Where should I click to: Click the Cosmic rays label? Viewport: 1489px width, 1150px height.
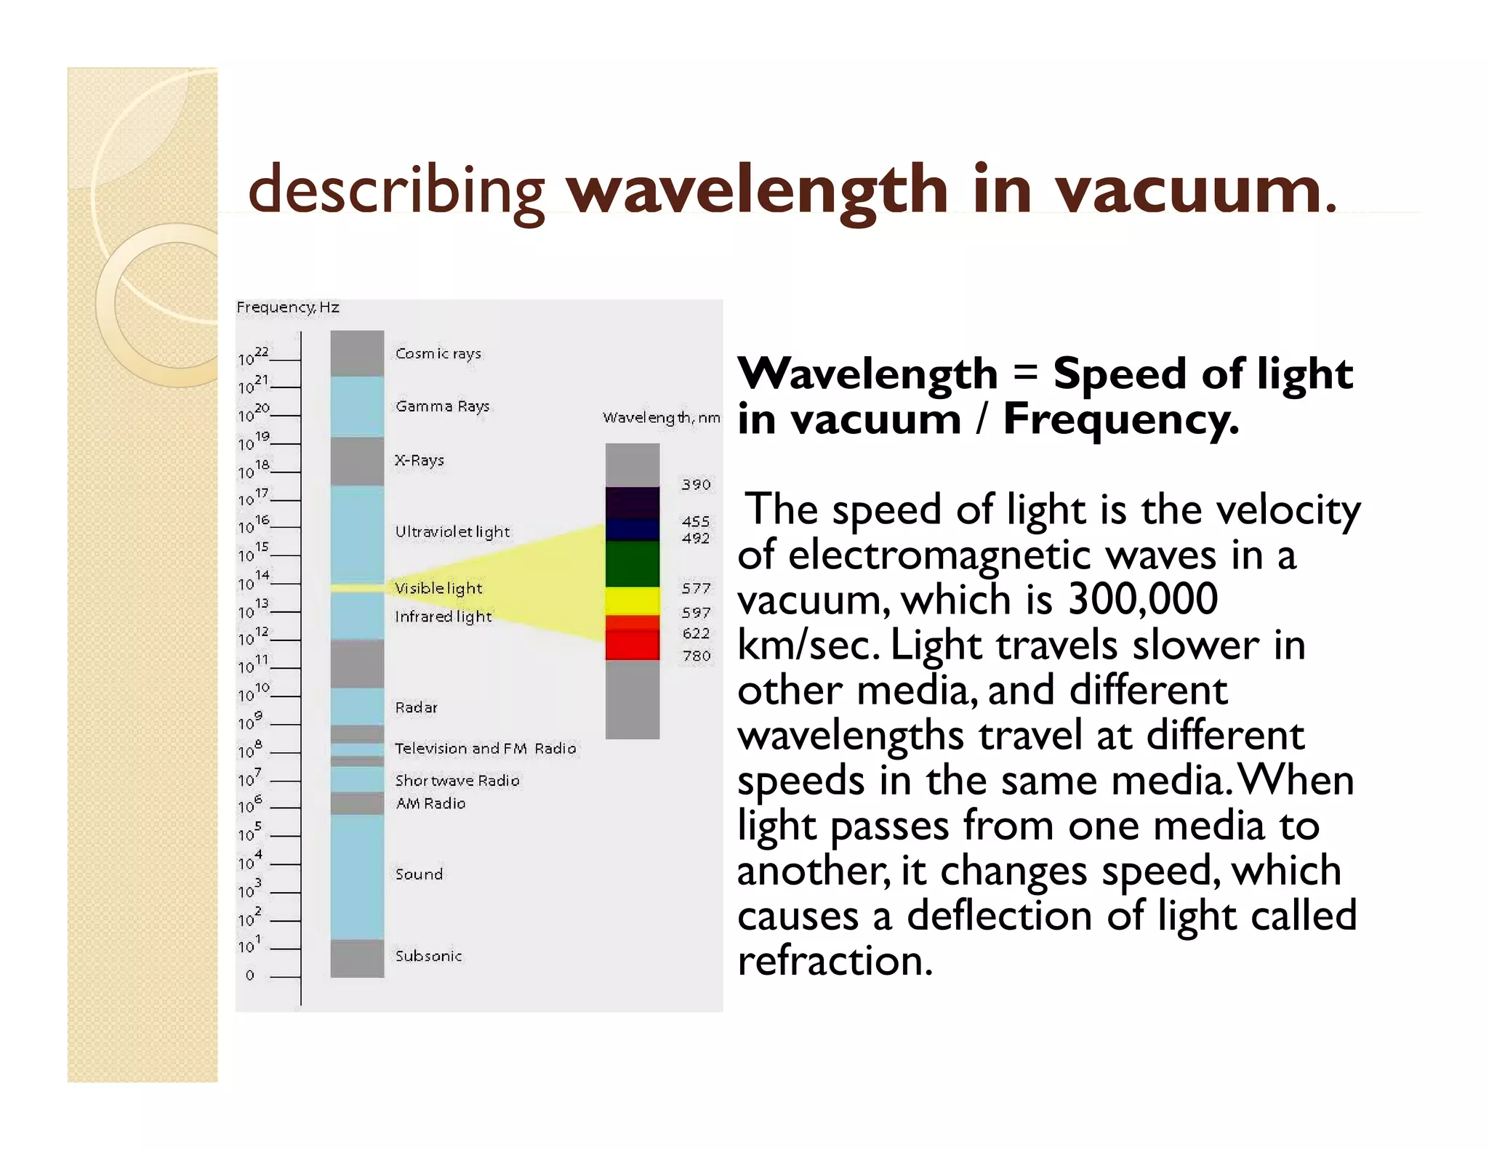(438, 353)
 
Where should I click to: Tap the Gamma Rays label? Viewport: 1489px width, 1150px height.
(442, 406)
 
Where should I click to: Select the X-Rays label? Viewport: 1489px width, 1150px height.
(419, 460)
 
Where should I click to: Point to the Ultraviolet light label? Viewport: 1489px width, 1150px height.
(452, 531)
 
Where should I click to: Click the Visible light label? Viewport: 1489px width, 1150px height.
(438, 588)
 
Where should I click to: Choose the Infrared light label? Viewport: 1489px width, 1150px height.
(443, 616)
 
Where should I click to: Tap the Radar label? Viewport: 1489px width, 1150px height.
(416, 707)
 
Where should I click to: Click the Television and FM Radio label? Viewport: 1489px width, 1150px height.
(485, 748)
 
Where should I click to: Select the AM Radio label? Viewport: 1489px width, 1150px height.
(430, 803)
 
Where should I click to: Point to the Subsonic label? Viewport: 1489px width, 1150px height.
(428, 956)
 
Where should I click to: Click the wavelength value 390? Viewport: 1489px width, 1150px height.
(696, 485)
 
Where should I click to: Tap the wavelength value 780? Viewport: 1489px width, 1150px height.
(696, 656)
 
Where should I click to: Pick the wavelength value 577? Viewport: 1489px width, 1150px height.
(696, 588)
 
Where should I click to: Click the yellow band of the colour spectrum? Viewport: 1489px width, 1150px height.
(633, 601)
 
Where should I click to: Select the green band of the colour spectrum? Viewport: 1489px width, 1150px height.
(633, 563)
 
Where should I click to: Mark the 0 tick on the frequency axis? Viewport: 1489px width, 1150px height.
(250, 976)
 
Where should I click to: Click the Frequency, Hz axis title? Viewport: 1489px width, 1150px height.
(288, 307)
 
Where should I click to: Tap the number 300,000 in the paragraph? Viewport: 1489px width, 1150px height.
(1142, 600)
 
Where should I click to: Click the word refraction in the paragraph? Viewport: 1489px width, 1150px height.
(835, 960)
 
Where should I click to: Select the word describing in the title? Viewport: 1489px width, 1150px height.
(396, 190)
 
